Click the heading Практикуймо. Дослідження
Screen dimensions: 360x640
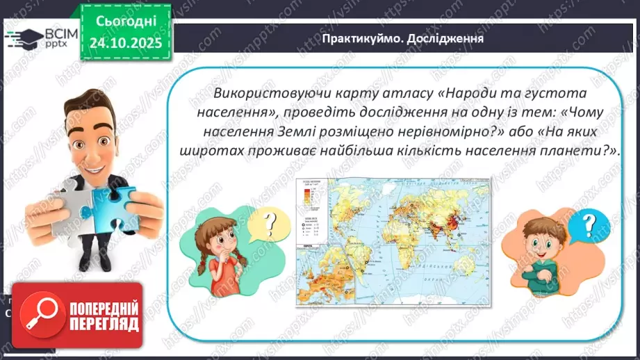402,38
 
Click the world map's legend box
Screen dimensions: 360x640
310,209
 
